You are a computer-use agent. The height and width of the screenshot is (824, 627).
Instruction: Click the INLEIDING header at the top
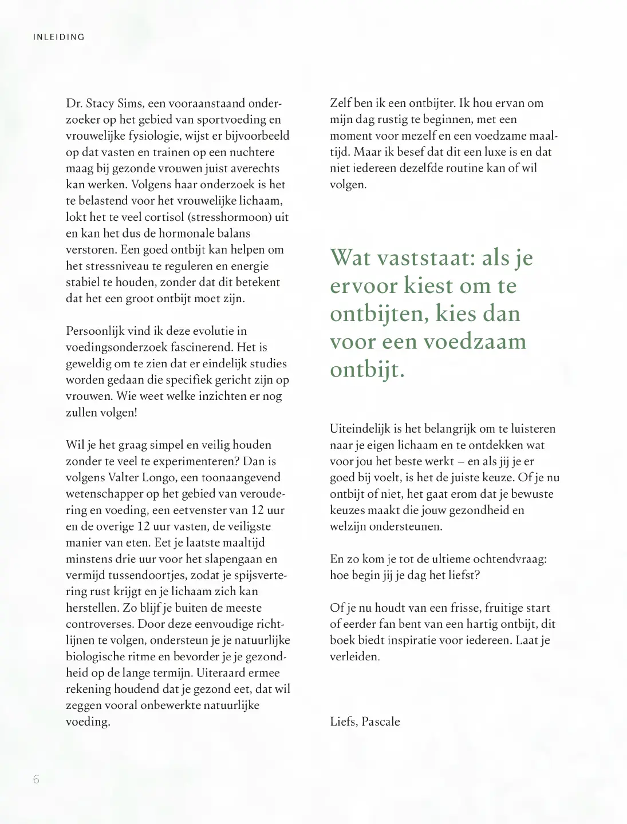click(x=59, y=37)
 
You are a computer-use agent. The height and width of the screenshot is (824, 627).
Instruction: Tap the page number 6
click(x=36, y=779)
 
